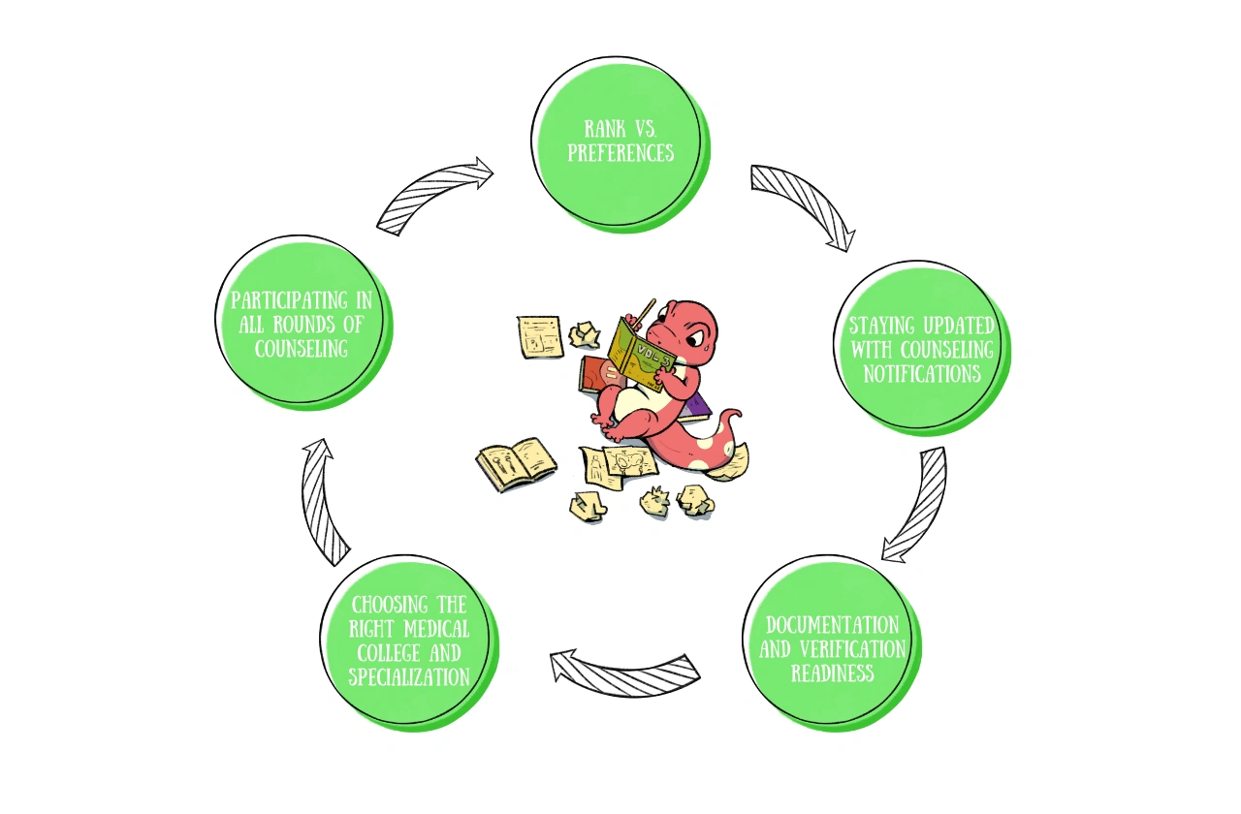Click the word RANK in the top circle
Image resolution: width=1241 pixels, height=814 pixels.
(x=605, y=129)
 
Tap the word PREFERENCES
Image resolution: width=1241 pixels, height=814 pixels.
(x=620, y=153)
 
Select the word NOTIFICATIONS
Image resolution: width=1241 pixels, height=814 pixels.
(x=922, y=374)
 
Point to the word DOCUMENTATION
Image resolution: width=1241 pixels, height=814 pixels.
(x=833, y=625)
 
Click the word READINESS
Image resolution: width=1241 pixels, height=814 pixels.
(x=833, y=673)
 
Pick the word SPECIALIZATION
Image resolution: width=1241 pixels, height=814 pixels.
(x=409, y=677)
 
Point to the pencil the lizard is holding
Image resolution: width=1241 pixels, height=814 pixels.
(x=645, y=312)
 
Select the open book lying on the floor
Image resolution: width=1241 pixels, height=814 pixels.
(x=517, y=464)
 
